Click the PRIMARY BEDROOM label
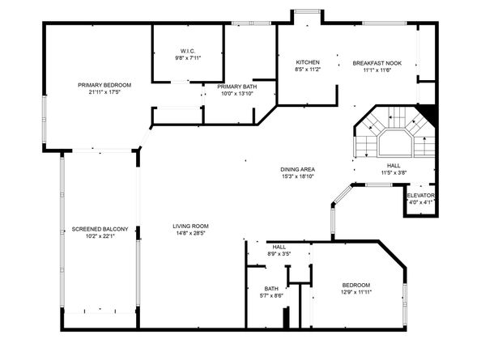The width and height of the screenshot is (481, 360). tap(104, 85)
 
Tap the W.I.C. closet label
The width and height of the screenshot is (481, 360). tap(188, 51)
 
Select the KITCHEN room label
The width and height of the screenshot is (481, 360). tap(308, 62)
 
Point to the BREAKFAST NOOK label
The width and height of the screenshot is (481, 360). tap(377, 63)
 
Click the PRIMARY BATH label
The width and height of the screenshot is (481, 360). tap(237, 87)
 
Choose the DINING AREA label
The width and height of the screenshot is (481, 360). tap(297, 169)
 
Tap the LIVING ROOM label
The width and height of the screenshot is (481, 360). tap(190, 226)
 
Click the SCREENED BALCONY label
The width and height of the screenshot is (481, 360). tap(100, 229)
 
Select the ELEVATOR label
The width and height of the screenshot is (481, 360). tap(420, 196)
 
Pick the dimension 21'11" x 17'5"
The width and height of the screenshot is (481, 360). tap(104, 92)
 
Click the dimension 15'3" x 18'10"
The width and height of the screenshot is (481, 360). tap(297, 176)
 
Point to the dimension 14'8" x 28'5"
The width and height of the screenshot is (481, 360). tap(190, 233)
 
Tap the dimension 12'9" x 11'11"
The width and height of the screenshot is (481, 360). tap(356, 292)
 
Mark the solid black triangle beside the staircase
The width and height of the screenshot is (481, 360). tap(428, 112)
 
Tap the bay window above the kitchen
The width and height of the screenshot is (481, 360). tap(308, 11)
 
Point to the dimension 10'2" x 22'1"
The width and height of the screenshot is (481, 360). tap(100, 236)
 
